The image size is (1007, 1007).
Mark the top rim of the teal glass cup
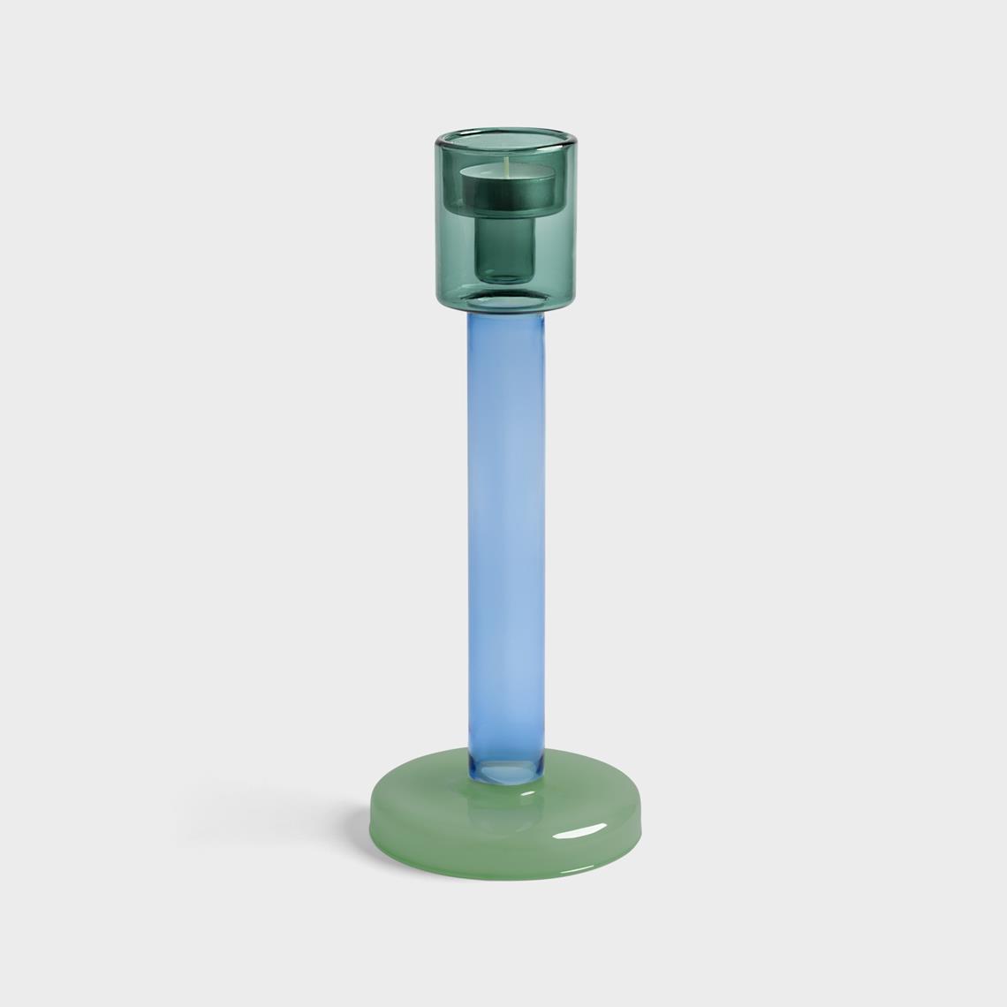point(507,134)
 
